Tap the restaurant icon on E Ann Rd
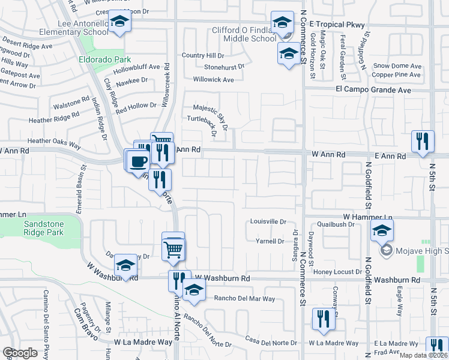[423, 141]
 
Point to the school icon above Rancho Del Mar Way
[194, 291]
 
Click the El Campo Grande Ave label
[373, 90]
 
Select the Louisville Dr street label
[268, 221]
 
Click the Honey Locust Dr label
[340, 272]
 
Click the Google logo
[20, 353]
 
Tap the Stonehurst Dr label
[224, 67]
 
